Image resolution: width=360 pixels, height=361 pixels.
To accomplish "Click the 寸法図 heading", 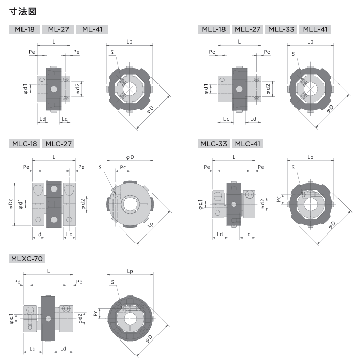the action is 23,11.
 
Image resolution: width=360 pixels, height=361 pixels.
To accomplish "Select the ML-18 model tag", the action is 25,29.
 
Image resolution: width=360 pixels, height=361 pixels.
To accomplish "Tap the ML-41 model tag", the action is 92,29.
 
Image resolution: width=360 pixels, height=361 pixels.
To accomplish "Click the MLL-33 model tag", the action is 281,29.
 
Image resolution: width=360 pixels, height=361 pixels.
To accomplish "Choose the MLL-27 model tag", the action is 247,29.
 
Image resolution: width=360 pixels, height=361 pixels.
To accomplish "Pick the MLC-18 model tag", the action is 25,144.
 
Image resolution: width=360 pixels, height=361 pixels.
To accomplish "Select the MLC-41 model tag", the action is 247,144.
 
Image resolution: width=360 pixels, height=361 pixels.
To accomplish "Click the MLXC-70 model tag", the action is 27,259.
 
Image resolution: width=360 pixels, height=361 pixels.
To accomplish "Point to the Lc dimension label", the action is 226,119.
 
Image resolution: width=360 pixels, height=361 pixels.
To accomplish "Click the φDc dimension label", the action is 11,204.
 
